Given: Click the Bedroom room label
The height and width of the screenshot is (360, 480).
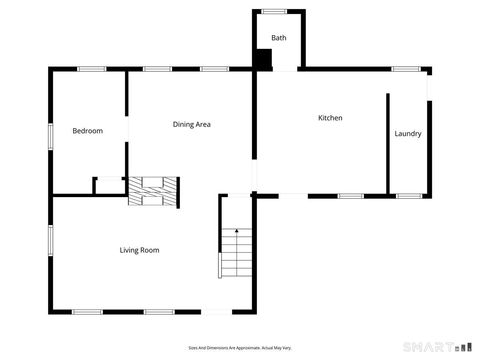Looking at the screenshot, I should (87, 131).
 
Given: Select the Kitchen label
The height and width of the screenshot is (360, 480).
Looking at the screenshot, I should (330, 118).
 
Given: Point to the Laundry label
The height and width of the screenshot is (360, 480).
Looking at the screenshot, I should (408, 133).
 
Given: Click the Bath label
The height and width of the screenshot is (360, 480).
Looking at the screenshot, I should (278, 38).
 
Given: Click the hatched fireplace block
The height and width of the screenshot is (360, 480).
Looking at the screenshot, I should (152, 191).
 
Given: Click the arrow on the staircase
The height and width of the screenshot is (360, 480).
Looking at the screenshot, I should (236, 234).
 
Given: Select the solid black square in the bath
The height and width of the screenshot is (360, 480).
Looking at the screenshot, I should (262, 59).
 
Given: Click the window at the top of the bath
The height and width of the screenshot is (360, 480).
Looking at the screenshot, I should (274, 11).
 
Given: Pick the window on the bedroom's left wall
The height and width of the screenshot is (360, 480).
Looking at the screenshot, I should (50, 137).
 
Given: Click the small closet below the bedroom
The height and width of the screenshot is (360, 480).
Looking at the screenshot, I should (108, 186).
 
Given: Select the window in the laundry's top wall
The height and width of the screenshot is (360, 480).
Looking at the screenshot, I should (406, 68).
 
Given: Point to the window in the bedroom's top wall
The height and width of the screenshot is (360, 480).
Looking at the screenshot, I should (92, 68).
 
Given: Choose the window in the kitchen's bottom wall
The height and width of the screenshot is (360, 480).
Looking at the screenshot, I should (350, 196).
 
